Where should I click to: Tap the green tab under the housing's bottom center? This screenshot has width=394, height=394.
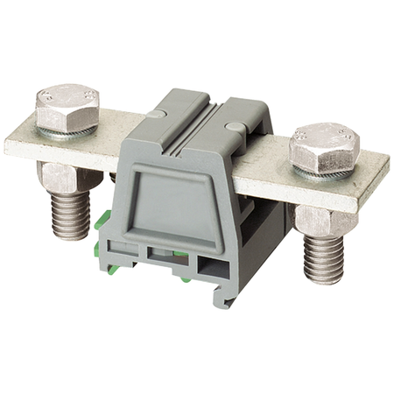(186, 280)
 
